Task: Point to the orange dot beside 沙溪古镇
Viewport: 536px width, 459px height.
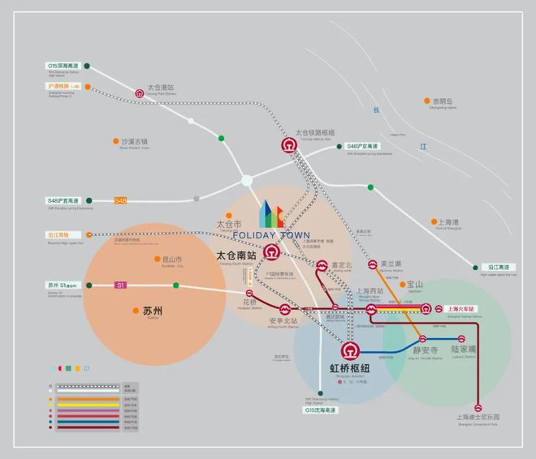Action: (x=115, y=142)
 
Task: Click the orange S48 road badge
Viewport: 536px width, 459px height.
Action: (x=120, y=200)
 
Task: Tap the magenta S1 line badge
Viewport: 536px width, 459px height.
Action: (x=120, y=285)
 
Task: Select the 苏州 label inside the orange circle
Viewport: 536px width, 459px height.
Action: (x=153, y=311)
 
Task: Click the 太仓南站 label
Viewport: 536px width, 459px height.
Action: (x=236, y=255)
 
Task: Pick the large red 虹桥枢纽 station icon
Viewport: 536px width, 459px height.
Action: (x=349, y=351)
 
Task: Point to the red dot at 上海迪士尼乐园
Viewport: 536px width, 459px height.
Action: (x=479, y=404)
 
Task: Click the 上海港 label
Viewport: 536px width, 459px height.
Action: (x=449, y=221)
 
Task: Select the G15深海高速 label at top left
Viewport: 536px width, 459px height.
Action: (x=63, y=66)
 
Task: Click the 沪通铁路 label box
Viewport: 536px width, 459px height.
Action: (x=63, y=86)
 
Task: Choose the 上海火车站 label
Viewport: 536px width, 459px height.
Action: (x=465, y=309)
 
